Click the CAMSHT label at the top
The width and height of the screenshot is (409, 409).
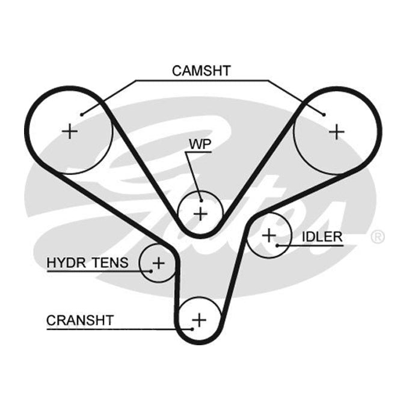[201, 71]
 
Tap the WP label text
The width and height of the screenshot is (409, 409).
[200, 144]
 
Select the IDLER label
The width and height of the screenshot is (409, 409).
[322, 237]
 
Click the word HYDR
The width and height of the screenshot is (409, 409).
[66, 263]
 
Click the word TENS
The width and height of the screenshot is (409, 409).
[111, 263]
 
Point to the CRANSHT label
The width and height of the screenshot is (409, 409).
[80, 321]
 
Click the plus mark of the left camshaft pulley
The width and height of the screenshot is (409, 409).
[70, 131]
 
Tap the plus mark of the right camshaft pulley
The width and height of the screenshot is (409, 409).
[337, 132]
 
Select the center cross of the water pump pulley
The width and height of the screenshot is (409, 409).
[200, 214]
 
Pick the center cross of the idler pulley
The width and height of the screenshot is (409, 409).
[269, 235]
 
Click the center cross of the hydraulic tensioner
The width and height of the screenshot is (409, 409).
[158, 263]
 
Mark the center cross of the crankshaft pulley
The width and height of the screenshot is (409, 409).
[199, 320]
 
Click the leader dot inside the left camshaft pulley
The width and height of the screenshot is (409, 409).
[82, 114]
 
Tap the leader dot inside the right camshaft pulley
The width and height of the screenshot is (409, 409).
[324, 114]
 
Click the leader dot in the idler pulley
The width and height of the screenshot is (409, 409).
[277, 245]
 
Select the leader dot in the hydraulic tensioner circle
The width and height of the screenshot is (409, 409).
[151, 271]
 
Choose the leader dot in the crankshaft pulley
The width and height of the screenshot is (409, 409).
[192, 329]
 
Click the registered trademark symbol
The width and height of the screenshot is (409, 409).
[378, 236]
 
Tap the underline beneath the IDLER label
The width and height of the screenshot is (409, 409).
[310, 245]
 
